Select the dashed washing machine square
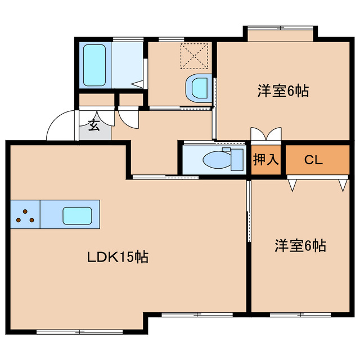coord(193,56)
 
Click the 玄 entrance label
coord(94,126)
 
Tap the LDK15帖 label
coord(117,258)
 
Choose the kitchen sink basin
coord(77,214)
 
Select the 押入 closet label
coord(265,160)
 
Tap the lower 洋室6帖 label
coord(300,246)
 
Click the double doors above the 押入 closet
coord(265,136)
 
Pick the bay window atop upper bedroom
coord(280,28)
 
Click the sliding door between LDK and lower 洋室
coord(248,211)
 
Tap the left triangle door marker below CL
coord(292,184)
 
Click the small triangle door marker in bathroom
coord(137,84)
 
